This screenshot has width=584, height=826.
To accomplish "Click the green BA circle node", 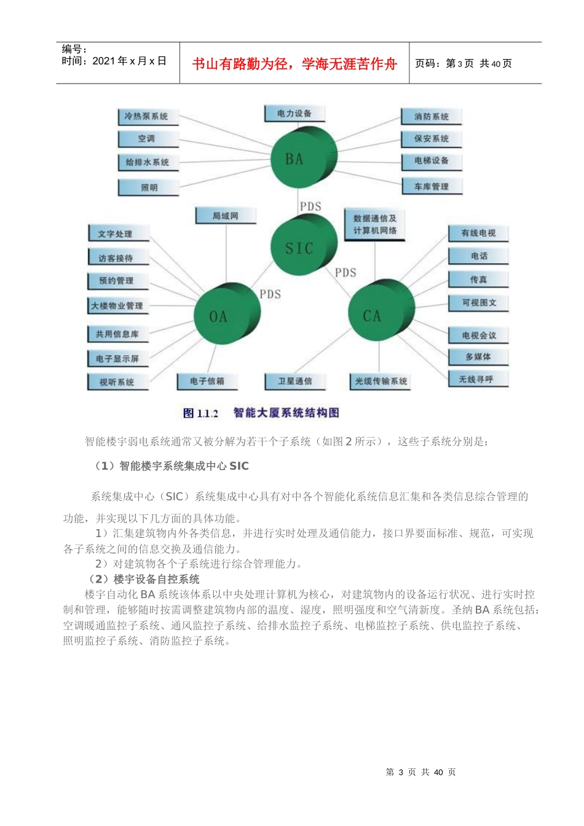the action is (302, 158).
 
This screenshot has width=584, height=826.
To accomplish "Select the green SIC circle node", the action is (302, 248).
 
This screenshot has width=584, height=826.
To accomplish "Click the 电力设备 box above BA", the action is (294, 114).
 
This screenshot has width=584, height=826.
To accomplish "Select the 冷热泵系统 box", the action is (147, 116).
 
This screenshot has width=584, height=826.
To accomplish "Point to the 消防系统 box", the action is (431, 117).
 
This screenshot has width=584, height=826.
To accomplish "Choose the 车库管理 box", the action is (431, 186).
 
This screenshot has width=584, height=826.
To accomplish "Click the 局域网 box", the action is (225, 216).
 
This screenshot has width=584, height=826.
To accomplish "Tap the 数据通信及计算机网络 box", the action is (374, 224).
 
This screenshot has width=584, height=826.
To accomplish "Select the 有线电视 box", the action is (478, 233).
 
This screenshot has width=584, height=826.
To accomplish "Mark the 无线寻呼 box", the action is (478, 379).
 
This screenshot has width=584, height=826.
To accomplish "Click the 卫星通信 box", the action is (294, 381).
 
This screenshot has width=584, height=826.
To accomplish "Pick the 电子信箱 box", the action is (207, 381).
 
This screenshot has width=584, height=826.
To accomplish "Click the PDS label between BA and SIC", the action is (310, 206).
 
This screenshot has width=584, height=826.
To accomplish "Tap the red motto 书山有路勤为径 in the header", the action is (294, 63).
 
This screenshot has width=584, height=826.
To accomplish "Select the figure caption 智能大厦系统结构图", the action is (286, 412).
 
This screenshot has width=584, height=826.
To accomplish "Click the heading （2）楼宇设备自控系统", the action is (144, 579).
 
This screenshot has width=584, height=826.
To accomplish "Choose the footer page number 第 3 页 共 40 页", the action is (420, 772).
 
